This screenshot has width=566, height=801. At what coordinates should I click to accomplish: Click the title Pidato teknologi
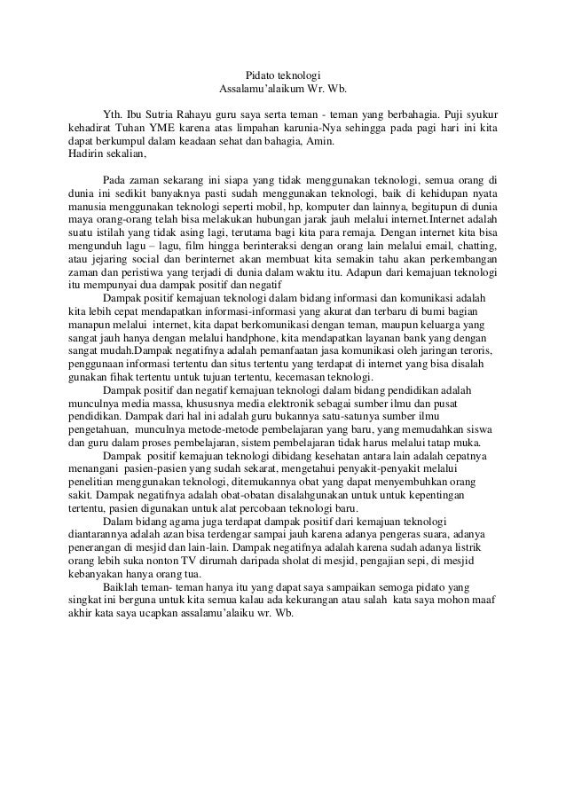pos(282,76)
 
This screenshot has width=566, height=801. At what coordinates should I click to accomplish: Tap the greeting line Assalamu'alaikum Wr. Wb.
pos(282,90)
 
